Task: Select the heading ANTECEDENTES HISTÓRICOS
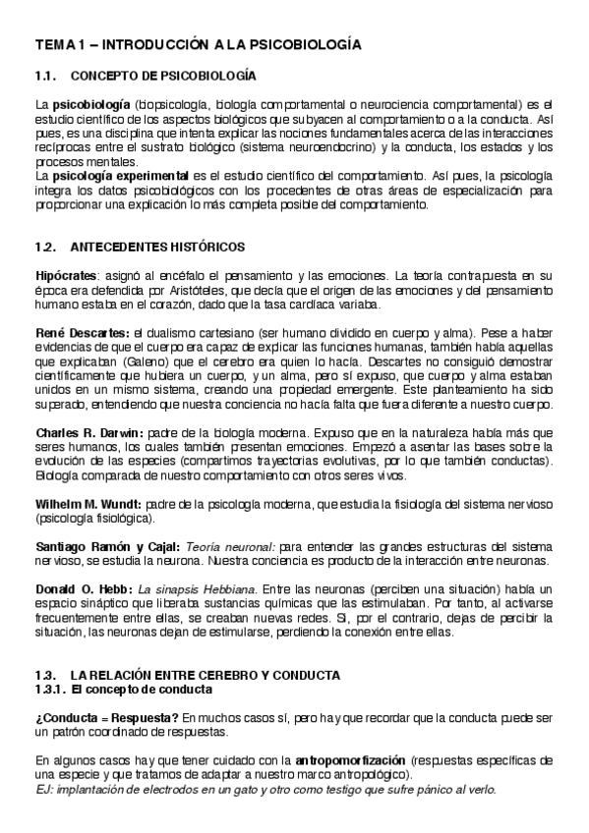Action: click(x=158, y=246)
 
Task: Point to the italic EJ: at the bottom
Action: click(x=44, y=788)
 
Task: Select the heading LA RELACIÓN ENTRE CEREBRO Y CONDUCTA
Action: click(x=205, y=675)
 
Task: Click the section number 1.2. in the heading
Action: click(x=47, y=246)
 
